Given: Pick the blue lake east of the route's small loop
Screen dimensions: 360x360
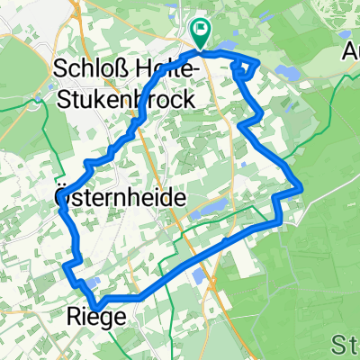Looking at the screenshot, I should tap(287, 71).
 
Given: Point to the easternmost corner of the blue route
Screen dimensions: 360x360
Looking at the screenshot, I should tap(301, 187).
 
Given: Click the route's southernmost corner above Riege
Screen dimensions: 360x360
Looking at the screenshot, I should tap(98, 303).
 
